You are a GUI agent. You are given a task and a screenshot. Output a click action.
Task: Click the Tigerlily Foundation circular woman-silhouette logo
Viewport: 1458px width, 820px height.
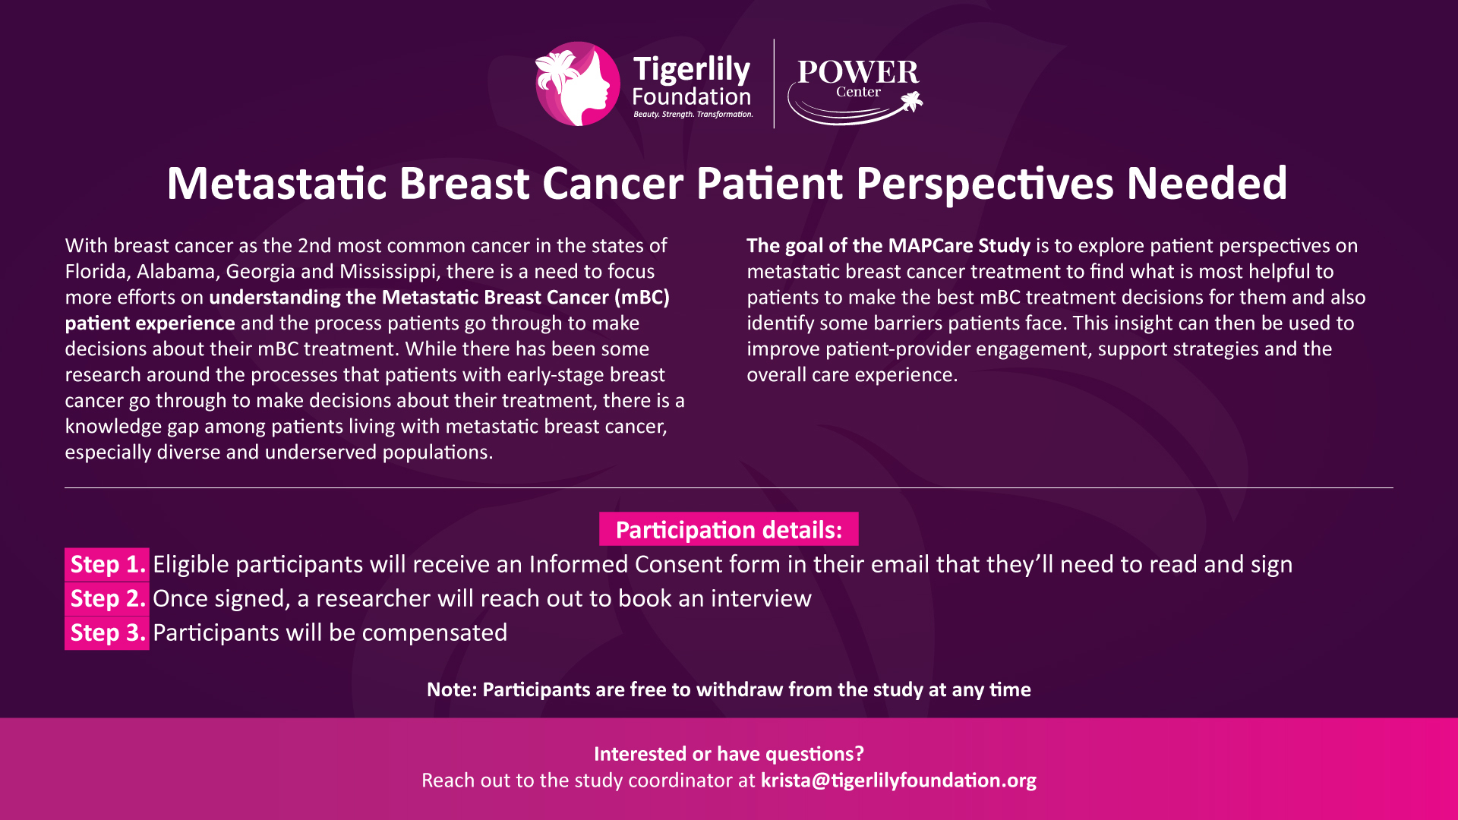(577, 84)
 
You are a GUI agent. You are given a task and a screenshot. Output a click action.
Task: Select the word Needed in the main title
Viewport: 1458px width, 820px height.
(1207, 184)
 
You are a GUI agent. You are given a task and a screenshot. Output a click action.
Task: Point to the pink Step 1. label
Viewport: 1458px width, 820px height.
(107, 564)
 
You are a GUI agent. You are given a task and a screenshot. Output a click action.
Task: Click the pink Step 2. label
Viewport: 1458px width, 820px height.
(107, 598)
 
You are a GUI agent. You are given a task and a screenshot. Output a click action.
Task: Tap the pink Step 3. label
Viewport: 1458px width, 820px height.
(107, 632)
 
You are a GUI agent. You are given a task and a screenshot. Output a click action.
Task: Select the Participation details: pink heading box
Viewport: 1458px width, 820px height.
(729, 529)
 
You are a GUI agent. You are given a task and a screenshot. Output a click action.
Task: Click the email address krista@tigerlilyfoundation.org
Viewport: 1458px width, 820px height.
(898, 781)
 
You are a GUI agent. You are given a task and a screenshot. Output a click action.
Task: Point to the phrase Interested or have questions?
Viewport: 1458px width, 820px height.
(729, 754)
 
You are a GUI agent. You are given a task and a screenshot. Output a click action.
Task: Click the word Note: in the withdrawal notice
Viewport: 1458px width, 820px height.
(452, 689)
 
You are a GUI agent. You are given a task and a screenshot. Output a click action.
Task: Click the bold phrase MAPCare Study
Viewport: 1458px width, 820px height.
(959, 246)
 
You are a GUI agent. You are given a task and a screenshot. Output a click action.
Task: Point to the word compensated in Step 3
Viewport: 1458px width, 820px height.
(434, 633)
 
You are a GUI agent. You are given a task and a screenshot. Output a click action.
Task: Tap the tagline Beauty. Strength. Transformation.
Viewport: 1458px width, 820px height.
(693, 115)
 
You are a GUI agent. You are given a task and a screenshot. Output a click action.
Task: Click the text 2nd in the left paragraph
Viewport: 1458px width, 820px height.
(314, 246)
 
